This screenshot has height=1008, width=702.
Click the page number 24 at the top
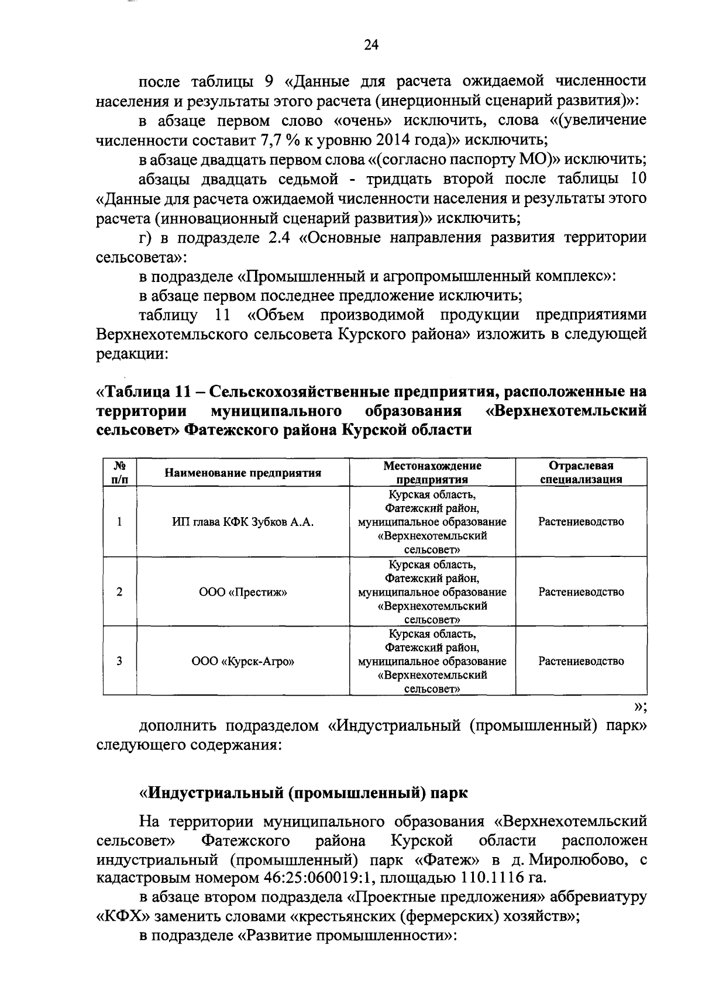(371, 46)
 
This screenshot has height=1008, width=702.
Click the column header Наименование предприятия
(243, 473)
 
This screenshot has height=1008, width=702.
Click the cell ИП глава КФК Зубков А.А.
(243, 522)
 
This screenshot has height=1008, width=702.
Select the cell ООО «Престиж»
(243, 591)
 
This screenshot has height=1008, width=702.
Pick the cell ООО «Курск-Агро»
(243, 661)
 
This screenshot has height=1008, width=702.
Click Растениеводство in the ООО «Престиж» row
(580, 591)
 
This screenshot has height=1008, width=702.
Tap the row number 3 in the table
(119, 661)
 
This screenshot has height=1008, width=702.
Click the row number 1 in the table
(119, 522)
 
